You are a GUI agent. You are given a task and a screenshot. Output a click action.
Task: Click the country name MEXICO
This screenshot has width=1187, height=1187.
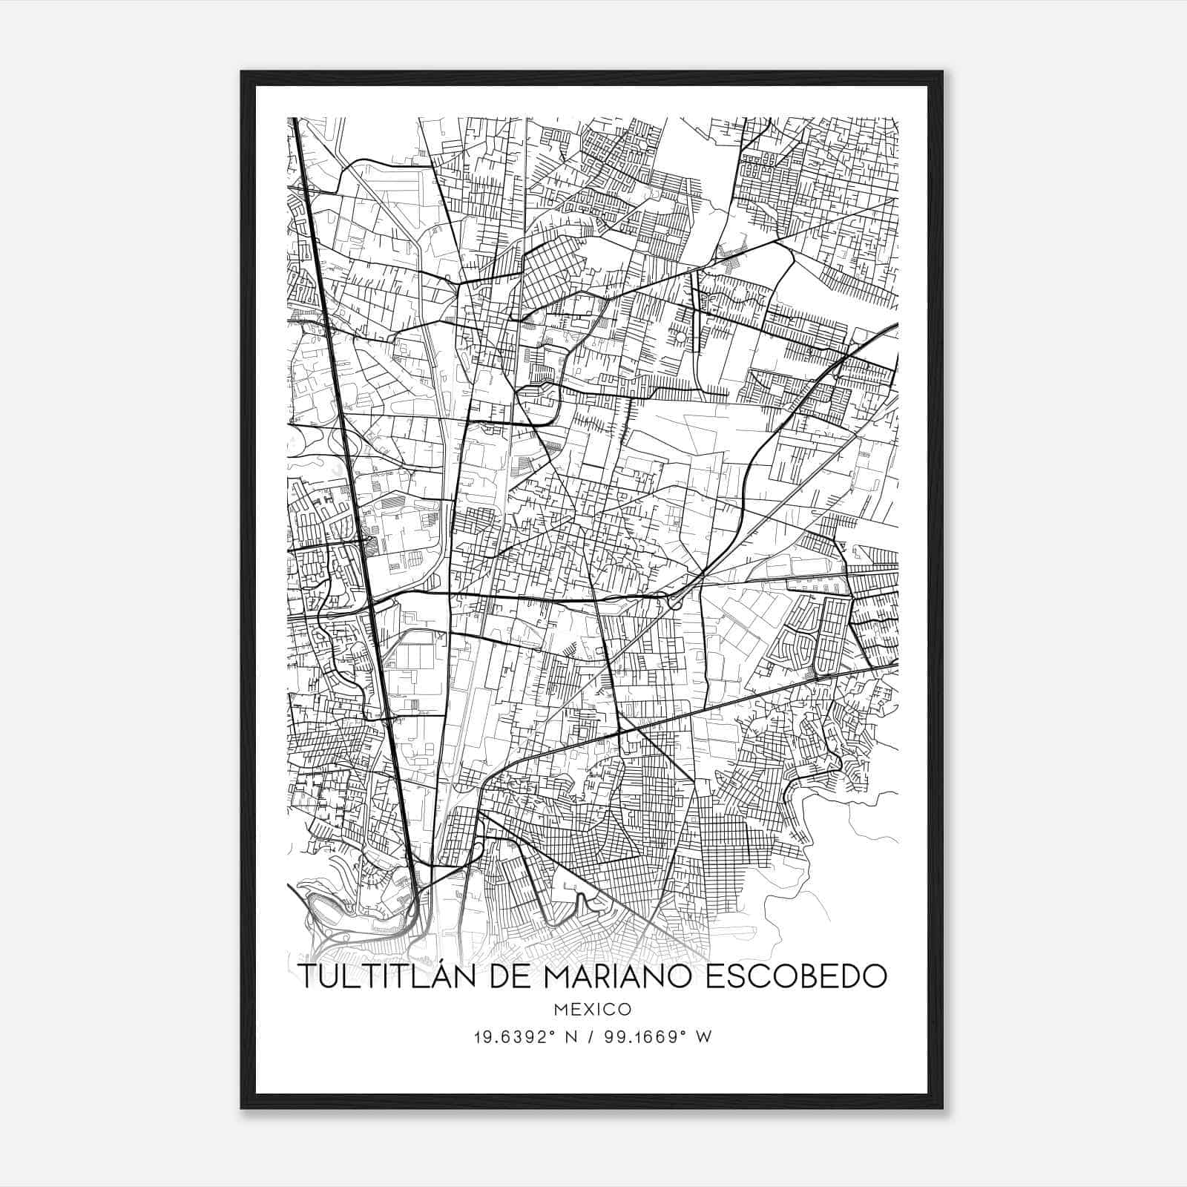[x=592, y=1010]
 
